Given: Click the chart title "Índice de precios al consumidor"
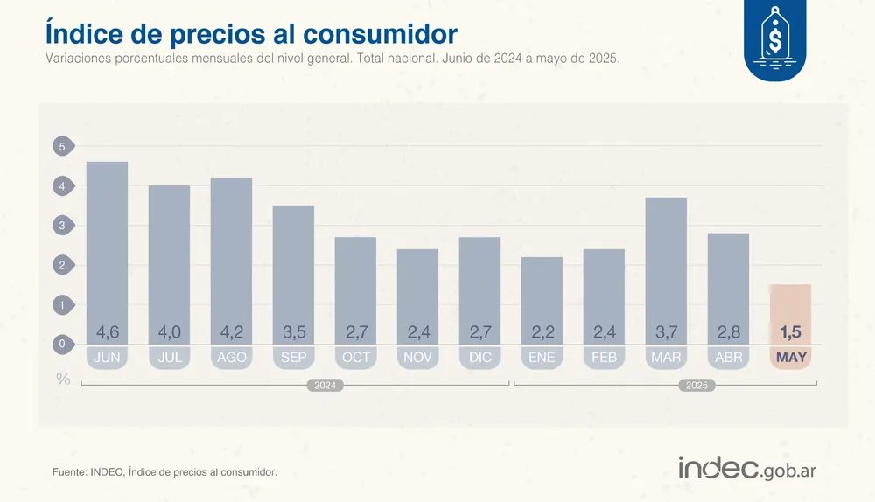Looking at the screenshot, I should tap(250, 33).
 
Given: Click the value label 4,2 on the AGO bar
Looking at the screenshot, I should tap(231, 332).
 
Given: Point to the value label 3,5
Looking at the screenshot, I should tap(293, 332).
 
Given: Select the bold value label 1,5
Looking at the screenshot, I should tap(790, 332).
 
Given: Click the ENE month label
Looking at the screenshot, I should tap(542, 358).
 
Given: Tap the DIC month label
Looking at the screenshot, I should tap(479, 358).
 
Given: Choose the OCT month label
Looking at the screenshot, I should tap(355, 358).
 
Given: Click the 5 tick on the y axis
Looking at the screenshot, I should tap(62, 147).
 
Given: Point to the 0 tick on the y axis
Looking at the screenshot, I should tap(62, 345).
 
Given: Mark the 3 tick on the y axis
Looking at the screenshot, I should tap(62, 226).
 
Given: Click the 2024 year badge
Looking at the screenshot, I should tap(324, 385).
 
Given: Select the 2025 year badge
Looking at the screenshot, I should tap(696, 385).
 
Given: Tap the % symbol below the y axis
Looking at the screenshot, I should tap(63, 379).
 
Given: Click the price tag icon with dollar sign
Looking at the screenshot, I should tap(774, 39).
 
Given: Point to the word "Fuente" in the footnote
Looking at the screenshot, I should tap(69, 472).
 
